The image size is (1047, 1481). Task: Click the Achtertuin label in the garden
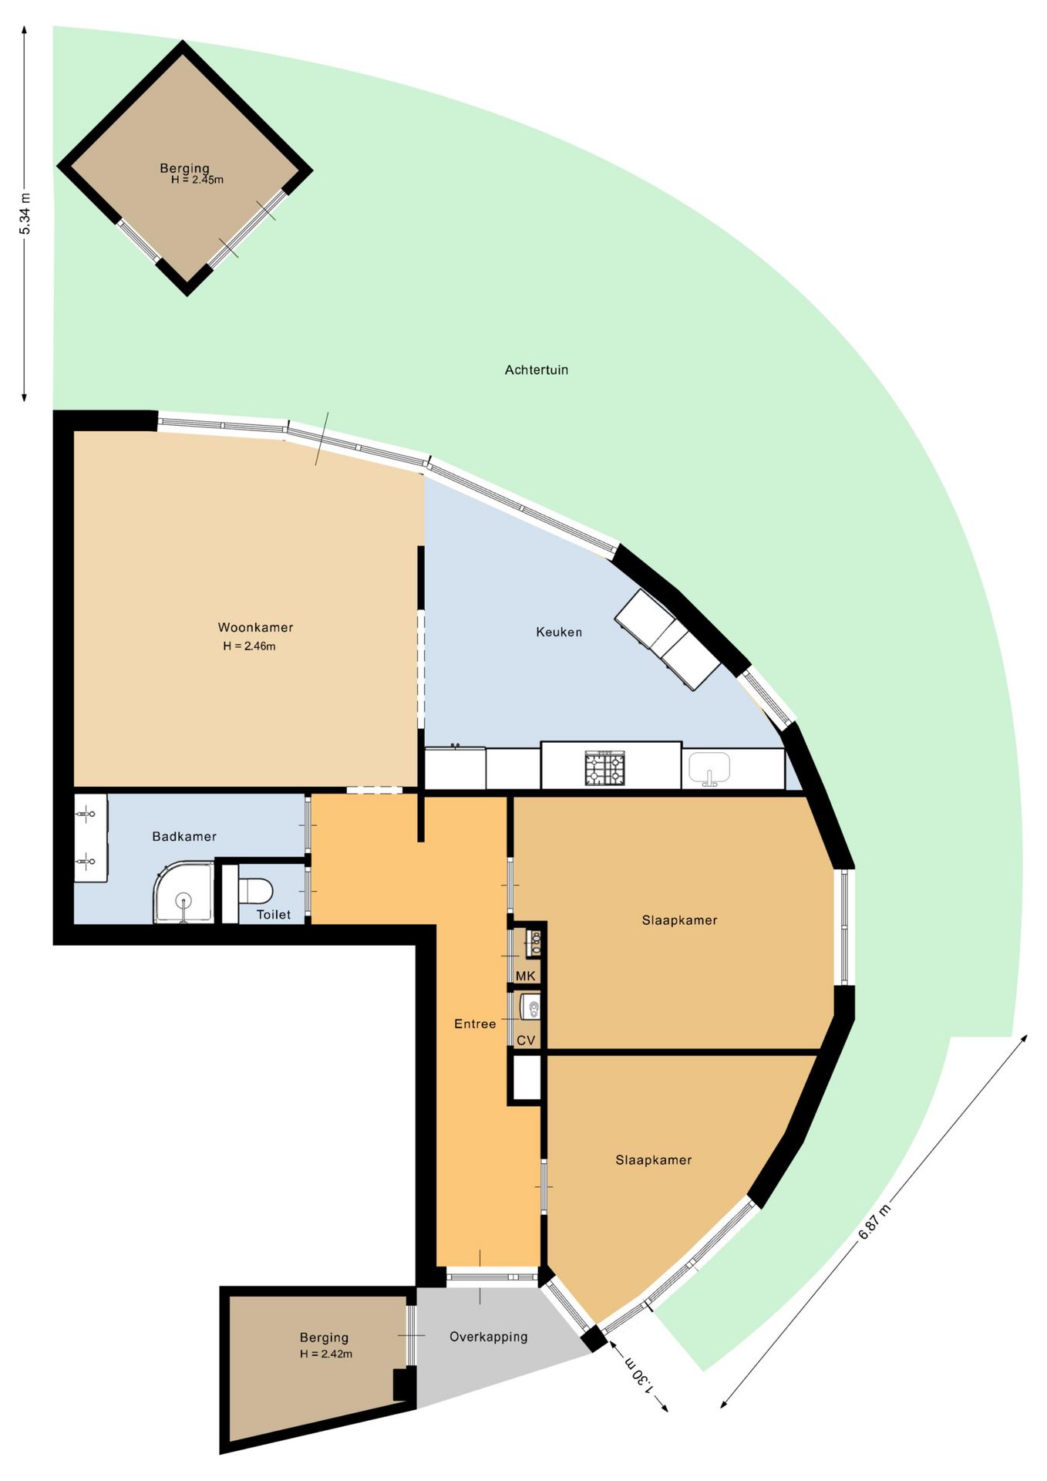(536, 370)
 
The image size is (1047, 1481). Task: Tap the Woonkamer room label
(255, 628)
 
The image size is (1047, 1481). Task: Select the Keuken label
(559, 633)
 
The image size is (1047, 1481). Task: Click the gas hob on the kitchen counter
(604, 767)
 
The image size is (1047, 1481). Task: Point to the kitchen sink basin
(709, 767)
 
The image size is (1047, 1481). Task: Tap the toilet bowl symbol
(255, 891)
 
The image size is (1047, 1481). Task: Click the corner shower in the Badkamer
(183, 894)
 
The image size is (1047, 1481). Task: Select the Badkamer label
(184, 837)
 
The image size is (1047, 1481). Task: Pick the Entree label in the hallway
(475, 1024)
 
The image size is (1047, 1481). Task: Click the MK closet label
(526, 977)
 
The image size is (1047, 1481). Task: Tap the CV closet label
(526, 1041)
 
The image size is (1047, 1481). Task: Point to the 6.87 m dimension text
(874, 1221)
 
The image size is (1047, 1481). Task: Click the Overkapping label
(489, 1337)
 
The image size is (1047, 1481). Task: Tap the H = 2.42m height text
(326, 1354)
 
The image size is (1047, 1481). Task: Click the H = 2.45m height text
(197, 180)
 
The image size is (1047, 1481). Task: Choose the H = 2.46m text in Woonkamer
(249, 646)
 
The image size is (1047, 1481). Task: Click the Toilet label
(274, 915)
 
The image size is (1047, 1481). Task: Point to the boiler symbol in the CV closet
(530, 1007)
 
